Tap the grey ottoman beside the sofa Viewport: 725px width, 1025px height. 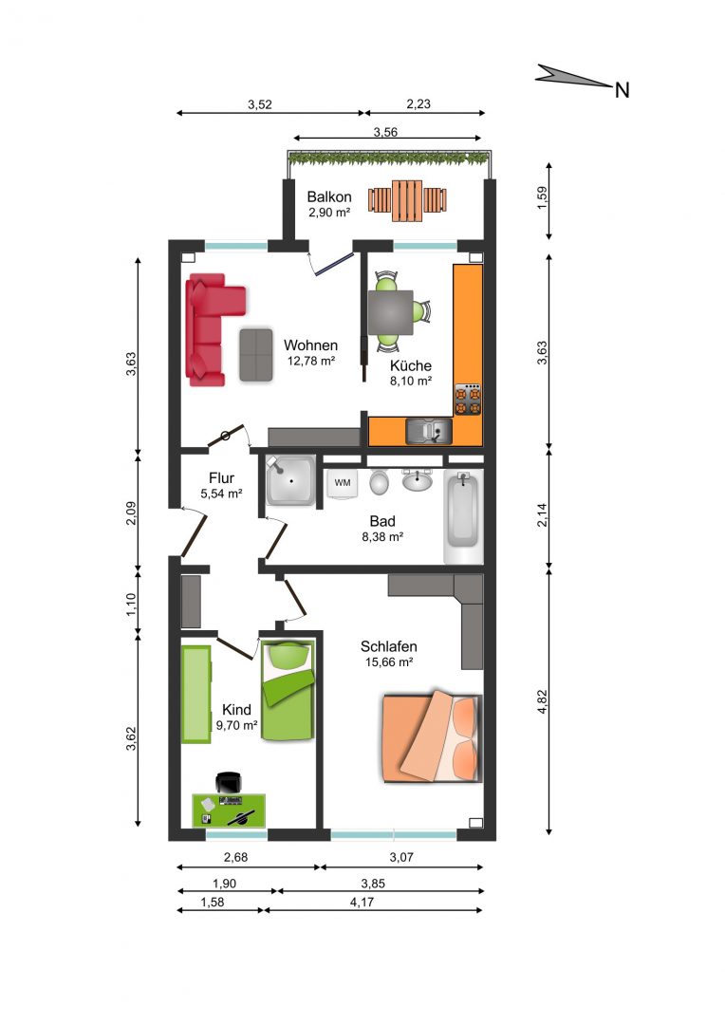click(255, 354)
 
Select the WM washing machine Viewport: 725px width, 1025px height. click(343, 483)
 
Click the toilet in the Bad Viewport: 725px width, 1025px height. click(380, 481)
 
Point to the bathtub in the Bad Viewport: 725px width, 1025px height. click(463, 516)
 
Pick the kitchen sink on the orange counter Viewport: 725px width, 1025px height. click(428, 431)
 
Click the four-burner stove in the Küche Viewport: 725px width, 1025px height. click(468, 400)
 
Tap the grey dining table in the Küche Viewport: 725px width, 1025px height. click(390, 312)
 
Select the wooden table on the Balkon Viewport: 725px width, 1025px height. click(407, 200)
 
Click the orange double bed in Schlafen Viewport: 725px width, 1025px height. click(432, 736)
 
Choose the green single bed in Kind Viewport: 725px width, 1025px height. click(288, 691)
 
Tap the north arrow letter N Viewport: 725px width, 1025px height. click(623, 90)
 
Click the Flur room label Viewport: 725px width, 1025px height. click(222, 477)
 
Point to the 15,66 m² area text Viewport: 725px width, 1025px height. click(389, 662)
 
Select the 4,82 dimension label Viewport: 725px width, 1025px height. click(542, 701)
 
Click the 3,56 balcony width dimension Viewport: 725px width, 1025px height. click(385, 132)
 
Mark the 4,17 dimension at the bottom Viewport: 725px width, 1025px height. click(362, 903)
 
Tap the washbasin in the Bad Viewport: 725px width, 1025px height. click(417, 480)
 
